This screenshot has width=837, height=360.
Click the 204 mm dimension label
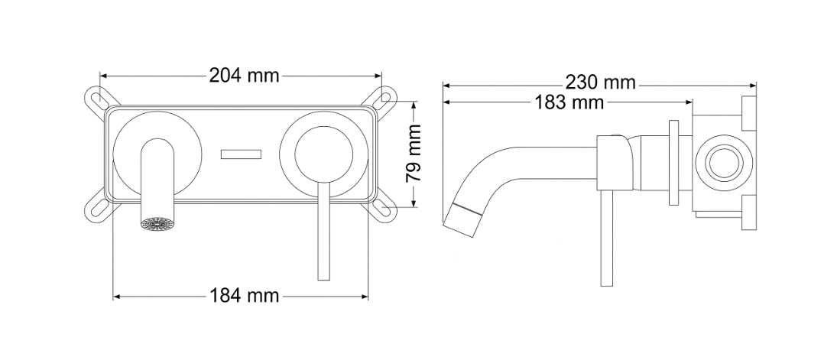click(x=244, y=76)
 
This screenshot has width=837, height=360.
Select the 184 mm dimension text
click(x=244, y=295)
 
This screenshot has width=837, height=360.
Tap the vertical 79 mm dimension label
click(x=414, y=154)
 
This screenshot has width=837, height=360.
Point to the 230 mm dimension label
click(x=601, y=83)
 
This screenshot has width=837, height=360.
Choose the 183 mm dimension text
click(x=569, y=102)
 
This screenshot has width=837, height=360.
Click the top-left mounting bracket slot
click(x=97, y=99)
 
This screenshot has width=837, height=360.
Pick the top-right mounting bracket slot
click(x=385, y=99)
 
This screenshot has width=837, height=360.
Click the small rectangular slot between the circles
click(x=242, y=154)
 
